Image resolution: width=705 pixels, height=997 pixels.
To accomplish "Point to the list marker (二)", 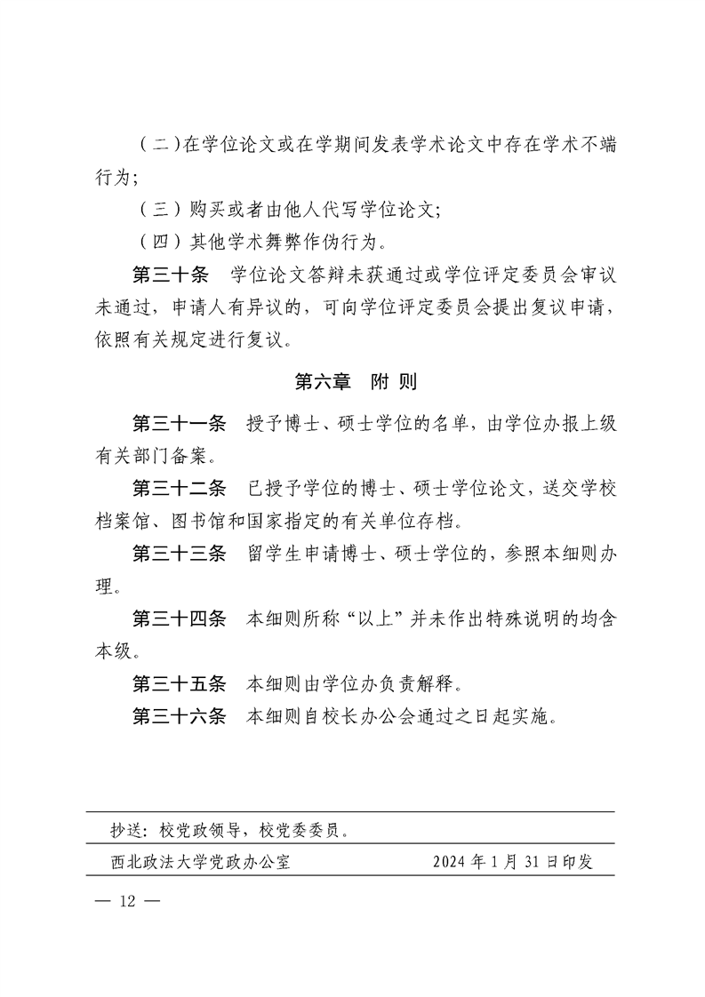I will (160, 145).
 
